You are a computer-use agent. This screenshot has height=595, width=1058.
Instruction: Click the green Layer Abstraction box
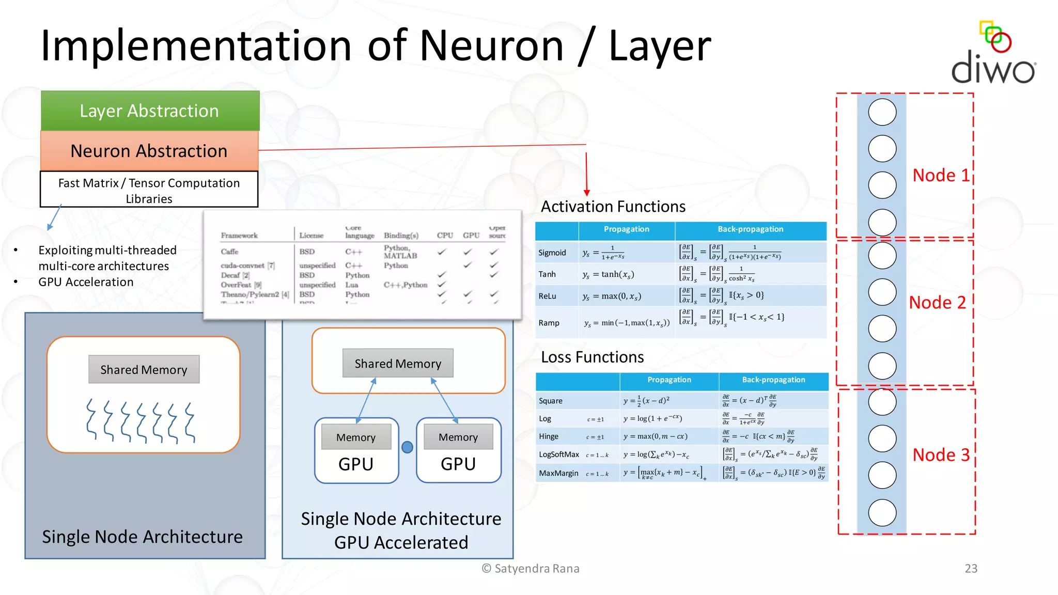click(x=150, y=111)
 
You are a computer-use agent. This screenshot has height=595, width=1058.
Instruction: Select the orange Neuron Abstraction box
click(x=149, y=151)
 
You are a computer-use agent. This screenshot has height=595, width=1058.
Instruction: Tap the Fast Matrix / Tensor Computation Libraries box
click(x=149, y=190)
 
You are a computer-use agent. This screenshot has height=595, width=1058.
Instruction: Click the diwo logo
click(x=993, y=54)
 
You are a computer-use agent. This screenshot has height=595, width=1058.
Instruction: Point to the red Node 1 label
click(x=941, y=176)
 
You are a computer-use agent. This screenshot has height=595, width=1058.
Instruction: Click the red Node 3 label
click(x=941, y=455)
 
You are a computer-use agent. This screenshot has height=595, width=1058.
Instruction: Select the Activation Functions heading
click(x=613, y=207)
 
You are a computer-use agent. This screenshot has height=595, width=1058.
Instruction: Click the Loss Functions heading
click(x=592, y=357)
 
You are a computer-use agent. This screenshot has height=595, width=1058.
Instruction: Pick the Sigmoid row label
click(x=552, y=253)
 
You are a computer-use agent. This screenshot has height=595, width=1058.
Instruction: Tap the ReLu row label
click(x=547, y=296)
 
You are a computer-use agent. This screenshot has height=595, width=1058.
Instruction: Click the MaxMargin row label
click(x=558, y=473)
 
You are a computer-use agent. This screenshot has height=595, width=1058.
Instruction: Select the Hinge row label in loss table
click(x=548, y=436)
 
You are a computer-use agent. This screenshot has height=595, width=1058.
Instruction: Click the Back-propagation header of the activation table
click(x=750, y=229)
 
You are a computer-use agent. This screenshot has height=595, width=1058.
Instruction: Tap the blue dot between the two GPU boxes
click(x=407, y=447)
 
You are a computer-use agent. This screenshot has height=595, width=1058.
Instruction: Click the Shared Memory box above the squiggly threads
click(x=144, y=370)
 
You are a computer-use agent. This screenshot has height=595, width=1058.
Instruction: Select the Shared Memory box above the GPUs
click(x=398, y=364)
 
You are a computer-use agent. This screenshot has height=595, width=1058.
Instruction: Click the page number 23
click(x=971, y=569)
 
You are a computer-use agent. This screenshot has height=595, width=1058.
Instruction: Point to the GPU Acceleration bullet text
click(x=86, y=282)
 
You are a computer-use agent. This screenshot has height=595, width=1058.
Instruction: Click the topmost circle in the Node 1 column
click(x=882, y=112)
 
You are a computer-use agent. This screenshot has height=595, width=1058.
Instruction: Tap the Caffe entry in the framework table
click(x=229, y=252)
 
